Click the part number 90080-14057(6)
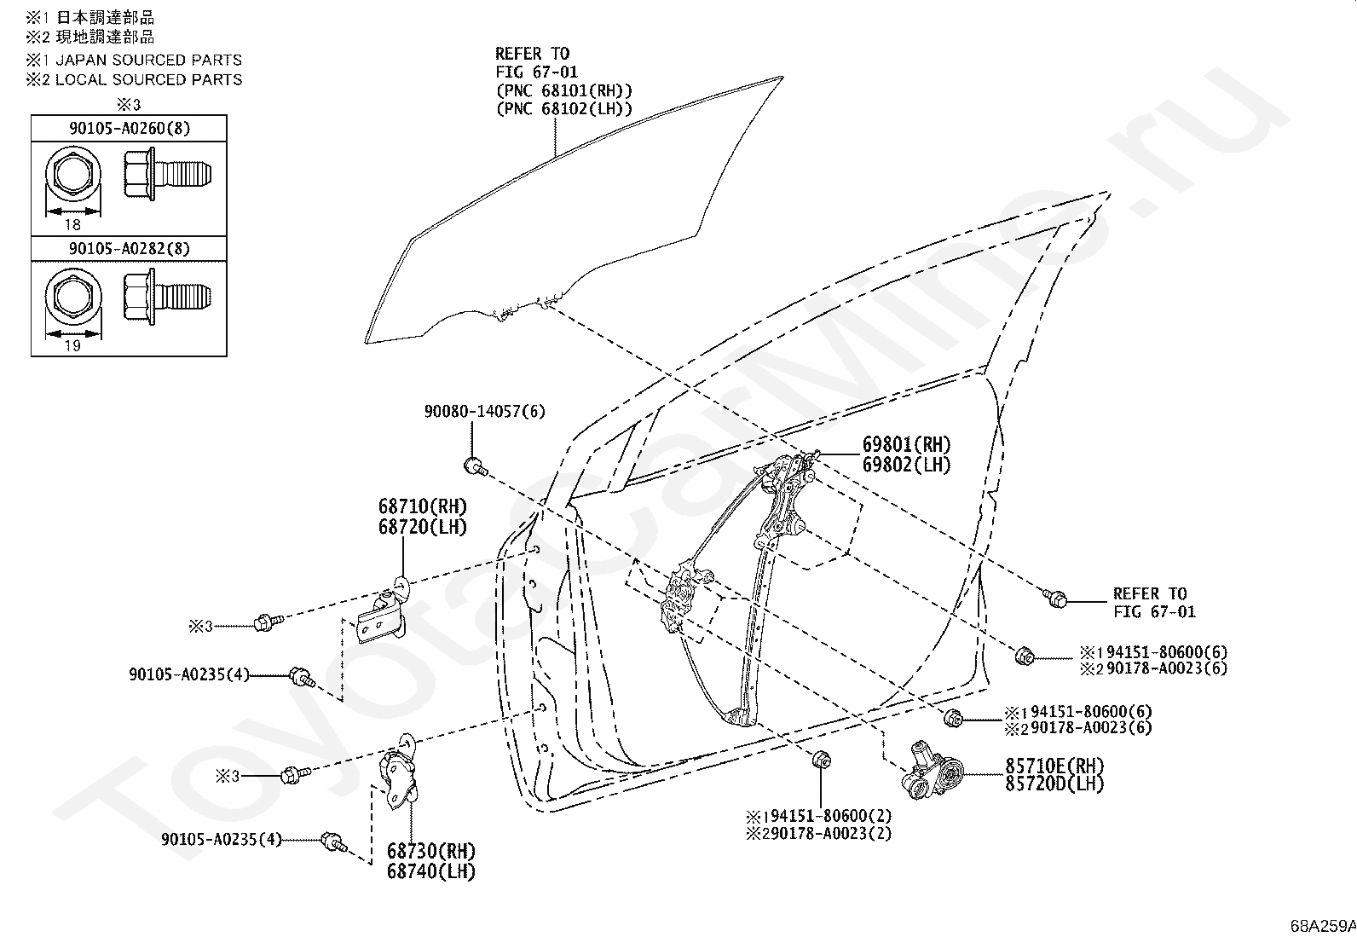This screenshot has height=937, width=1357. tap(484, 412)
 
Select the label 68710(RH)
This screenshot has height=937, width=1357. tap(423, 506)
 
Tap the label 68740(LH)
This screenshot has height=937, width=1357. tap(431, 871)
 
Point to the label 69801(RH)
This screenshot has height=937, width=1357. tap(906, 444)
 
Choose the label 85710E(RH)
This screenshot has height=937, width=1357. tap(1054, 765)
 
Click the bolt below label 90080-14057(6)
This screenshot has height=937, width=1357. tap(474, 466)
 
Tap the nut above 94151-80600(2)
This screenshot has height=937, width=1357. tap(821, 759)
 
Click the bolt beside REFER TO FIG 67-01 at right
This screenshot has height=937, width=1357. tap(1055, 599)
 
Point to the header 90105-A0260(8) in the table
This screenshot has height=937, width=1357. tap(130, 129)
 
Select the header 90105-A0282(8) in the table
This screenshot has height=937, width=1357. tap(130, 248)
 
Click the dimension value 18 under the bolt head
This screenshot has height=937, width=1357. tap(72, 225)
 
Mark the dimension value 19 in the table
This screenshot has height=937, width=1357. tap(72, 345)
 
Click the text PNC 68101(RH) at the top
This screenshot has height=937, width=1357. tap(564, 90)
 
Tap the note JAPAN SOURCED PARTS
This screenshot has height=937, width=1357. tap(148, 60)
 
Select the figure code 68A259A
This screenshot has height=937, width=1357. tap(1322, 925)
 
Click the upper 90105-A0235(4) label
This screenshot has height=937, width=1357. tap(189, 674)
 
